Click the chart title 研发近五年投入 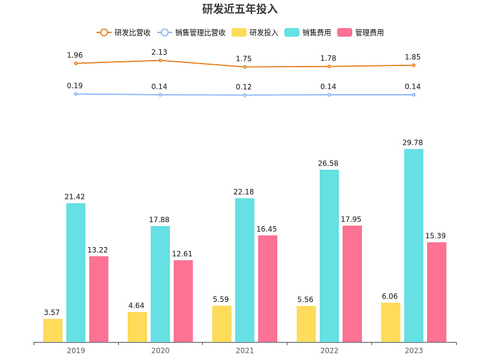pos(240,10)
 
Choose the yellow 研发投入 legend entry pos(255,32)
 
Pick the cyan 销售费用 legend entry pos(308,32)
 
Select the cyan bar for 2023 pos(413,245)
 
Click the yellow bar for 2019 pos(53,330)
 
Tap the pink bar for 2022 pos(352,284)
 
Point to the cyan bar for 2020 pos(160,284)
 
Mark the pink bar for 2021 pos(268,289)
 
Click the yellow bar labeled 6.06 pos(391,322)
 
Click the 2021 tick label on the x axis pos(245,350)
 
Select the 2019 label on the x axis pos(76,350)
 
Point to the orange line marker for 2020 pos(160,61)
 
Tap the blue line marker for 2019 pos(76,94)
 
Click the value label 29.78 pos(413,142)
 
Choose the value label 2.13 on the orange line pos(159,52)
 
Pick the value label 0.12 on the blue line pos(244,87)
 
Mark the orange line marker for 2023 pos(413,65)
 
